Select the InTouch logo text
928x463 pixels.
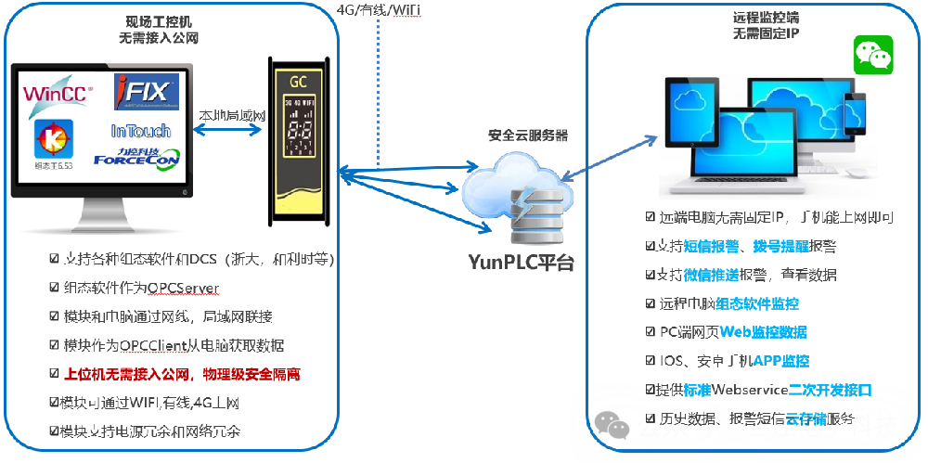(x=140, y=131)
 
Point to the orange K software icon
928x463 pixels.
(x=53, y=138)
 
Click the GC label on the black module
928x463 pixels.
(x=298, y=81)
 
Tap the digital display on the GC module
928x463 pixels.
(x=299, y=129)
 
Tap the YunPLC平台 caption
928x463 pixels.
(x=521, y=263)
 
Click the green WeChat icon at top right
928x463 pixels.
(x=872, y=55)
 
